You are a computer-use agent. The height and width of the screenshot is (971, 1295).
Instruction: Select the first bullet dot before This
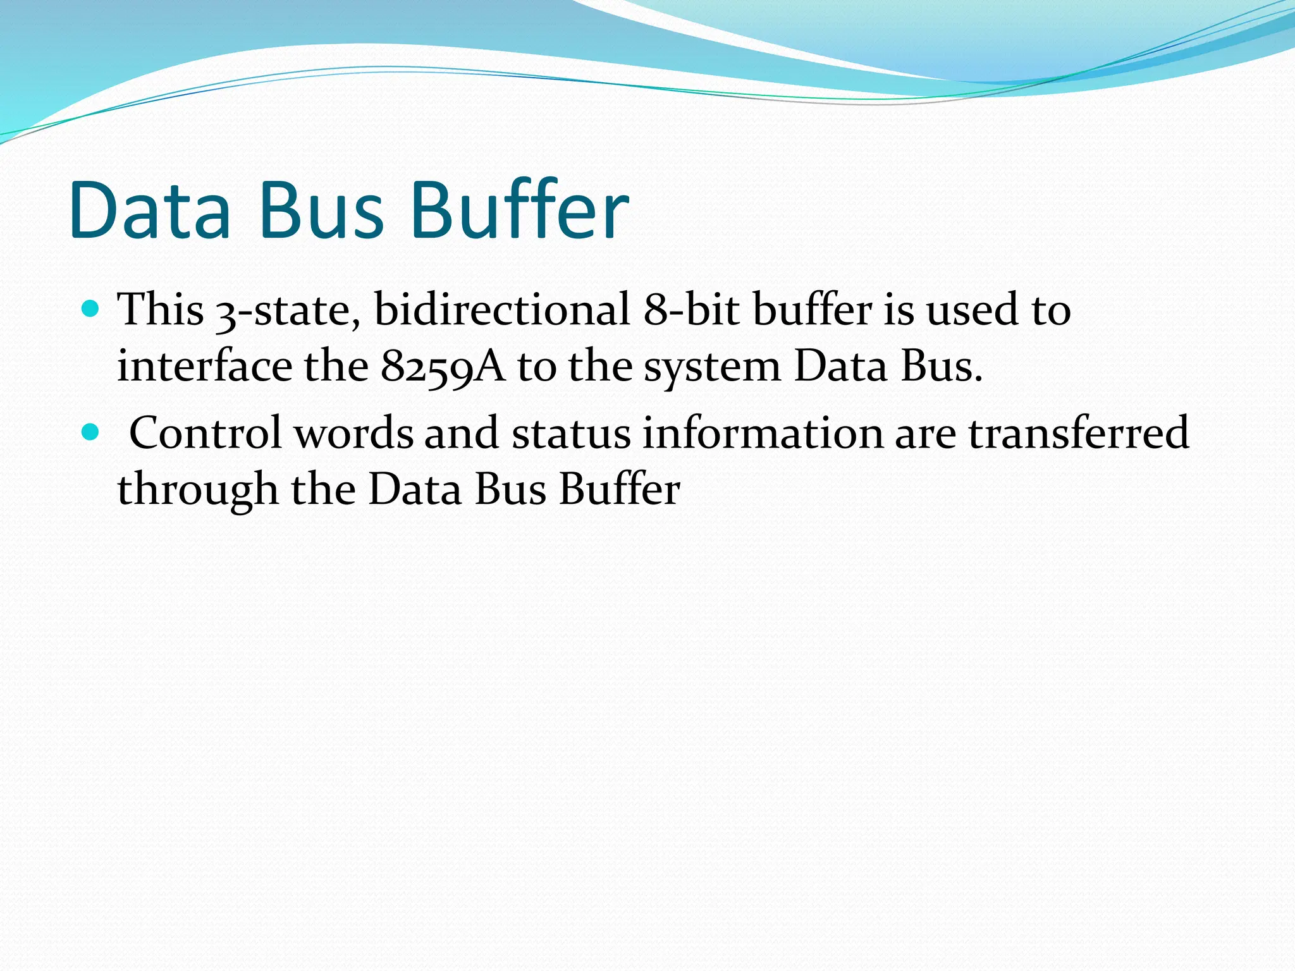91,309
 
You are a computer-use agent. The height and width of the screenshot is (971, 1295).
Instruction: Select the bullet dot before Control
91,432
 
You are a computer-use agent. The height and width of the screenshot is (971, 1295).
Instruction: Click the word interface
204,367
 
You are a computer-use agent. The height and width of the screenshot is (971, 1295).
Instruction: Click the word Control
206,434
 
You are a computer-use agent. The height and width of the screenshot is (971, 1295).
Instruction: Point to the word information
762,434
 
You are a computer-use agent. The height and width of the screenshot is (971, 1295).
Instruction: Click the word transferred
1079,434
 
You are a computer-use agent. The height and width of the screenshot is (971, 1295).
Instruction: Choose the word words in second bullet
353,434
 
